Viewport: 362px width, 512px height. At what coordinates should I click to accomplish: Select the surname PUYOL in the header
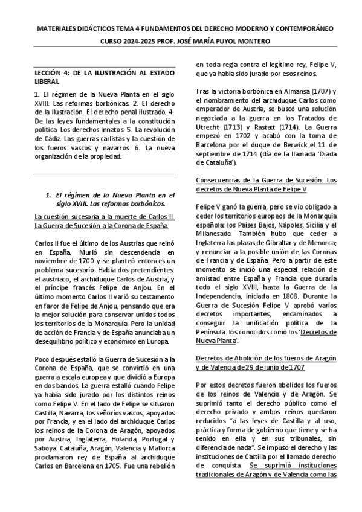(226, 41)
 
